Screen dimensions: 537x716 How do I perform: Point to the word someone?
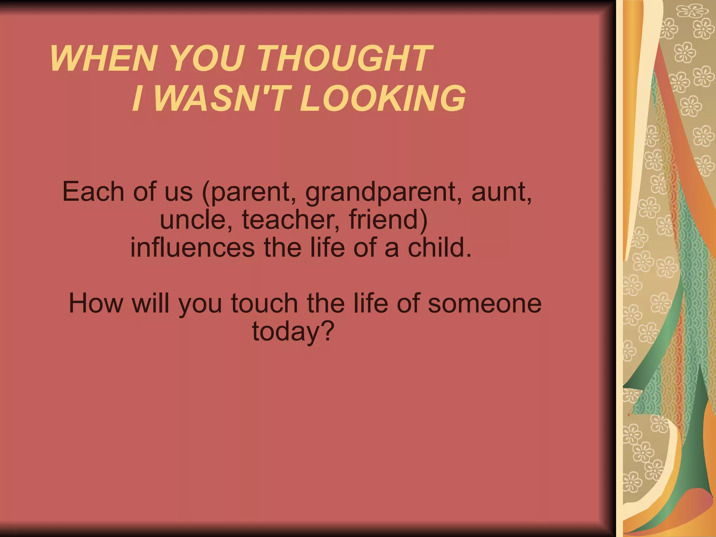tap(485, 303)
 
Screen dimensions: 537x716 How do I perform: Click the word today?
tap(284, 331)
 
